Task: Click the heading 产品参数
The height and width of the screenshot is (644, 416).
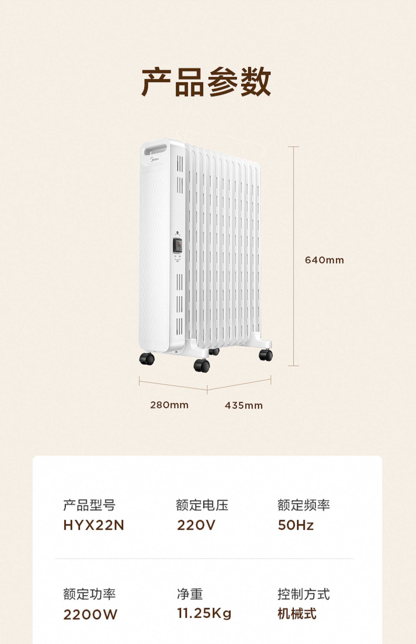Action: coord(206,82)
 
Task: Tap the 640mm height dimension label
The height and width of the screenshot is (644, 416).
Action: coord(324,260)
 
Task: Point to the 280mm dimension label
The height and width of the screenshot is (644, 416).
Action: coord(169,405)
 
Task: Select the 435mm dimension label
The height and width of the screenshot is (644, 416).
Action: coord(243,405)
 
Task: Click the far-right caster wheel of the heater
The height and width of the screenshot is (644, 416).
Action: coord(266,355)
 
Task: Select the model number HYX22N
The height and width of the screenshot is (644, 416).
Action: coord(93,525)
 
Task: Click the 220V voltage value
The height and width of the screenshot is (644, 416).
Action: coord(196,525)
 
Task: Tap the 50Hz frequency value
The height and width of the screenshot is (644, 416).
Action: coord(296,525)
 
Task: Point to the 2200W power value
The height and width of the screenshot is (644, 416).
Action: coord(90,615)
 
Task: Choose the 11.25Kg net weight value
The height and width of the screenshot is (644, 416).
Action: coord(204,613)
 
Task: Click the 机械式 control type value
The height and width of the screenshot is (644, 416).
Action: coord(297,613)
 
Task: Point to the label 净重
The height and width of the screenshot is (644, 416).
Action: coord(190,594)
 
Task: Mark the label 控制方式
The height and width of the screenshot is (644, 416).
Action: coord(303,594)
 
